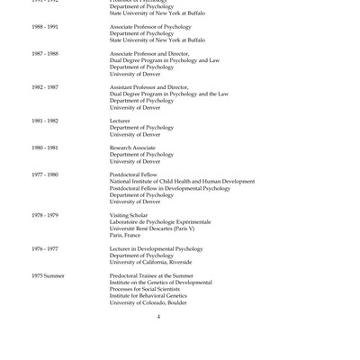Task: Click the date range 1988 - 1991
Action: click(45, 27)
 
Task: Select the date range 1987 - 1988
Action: click(45, 53)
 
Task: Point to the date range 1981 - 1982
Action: click(45, 120)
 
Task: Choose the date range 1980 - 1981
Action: click(45, 147)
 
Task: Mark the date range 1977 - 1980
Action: click(45, 174)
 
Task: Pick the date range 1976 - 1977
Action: click(45, 247)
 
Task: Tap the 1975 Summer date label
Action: click(48, 274)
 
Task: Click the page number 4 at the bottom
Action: click(158, 316)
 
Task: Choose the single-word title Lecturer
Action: click(120, 120)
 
